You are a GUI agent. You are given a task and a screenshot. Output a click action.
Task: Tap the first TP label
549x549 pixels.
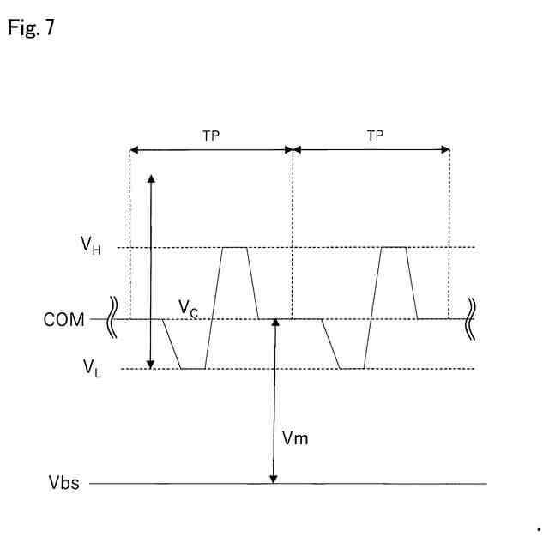click(x=210, y=136)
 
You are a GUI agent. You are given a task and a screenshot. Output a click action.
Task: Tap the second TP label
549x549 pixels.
click(x=375, y=136)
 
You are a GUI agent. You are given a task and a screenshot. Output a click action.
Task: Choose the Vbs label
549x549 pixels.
click(x=63, y=484)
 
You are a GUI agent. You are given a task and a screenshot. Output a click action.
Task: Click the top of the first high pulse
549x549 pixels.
click(x=235, y=248)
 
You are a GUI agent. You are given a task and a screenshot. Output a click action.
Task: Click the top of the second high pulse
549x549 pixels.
click(x=394, y=248)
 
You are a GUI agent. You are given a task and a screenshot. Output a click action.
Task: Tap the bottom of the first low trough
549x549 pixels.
click(x=193, y=369)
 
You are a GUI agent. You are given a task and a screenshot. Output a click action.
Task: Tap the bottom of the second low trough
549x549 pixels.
click(x=353, y=369)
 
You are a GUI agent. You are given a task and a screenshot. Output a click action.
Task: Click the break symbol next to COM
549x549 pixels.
click(x=114, y=319)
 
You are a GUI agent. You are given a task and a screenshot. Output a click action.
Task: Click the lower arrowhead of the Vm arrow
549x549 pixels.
click(x=273, y=480)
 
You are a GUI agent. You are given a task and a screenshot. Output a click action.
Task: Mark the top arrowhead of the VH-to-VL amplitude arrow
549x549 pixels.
click(x=152, y=178)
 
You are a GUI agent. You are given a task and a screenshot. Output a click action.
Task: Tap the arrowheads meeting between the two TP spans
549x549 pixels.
click(x=293, y=149)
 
